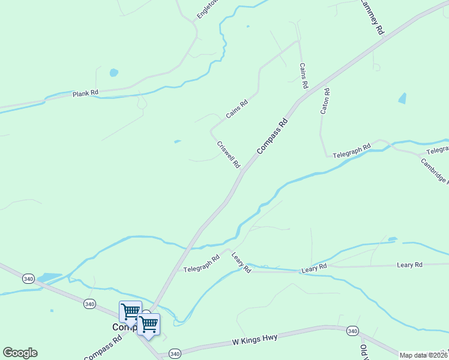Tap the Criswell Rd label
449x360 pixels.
(228, 155)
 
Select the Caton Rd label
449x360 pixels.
(325, 101)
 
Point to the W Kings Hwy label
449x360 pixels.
(255, 339)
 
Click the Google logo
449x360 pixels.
(20, 353)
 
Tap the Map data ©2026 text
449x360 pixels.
(423, 355)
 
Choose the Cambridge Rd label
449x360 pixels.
(434, 170)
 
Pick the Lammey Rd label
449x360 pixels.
(371, 17)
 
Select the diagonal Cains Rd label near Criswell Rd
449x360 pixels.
(237, 109)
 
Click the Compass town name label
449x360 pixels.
(124, 328)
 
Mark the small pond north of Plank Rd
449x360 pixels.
(113, 73)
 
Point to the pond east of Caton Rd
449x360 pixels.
(402, 98)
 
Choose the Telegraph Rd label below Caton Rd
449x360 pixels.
(356, 151)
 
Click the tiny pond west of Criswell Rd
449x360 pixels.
(177, 142)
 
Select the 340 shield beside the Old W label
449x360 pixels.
(352, 331)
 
